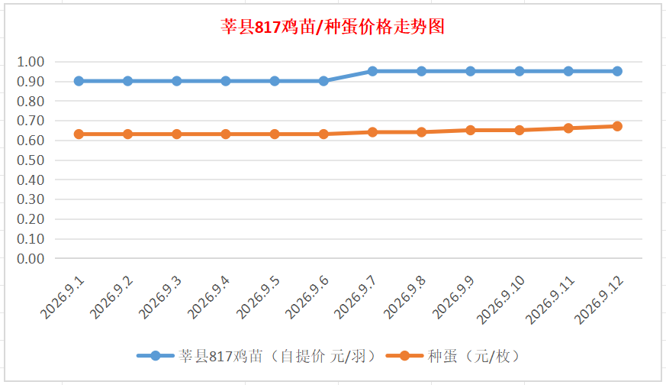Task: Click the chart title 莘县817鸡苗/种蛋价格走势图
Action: coord(332,27)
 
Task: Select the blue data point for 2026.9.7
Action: coord(372,71)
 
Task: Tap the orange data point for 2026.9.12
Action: coord(617,126)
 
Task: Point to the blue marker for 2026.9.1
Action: coord(79,81)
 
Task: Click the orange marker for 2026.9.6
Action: coord(323,134)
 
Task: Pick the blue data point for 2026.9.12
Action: coord(617,71)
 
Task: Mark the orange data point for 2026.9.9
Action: coord(470,130)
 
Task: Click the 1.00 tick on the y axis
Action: coord(31,62)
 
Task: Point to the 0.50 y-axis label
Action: coord(31,160)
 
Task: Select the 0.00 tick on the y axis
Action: coord(31,259)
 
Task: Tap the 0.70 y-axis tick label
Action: coord(31,121)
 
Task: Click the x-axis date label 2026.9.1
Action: coord(63,298)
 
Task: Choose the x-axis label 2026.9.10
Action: coord(500,300)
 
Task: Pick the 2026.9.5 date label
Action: coord(259,298)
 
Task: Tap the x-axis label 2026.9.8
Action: coord(405,298)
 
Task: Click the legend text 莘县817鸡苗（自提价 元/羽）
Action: coord(278,356)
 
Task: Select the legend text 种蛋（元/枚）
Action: coord(474,356)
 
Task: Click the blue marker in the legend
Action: coord(156,356)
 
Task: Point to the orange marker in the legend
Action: coord(405,356)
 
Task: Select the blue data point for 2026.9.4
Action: coord(226,81)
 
